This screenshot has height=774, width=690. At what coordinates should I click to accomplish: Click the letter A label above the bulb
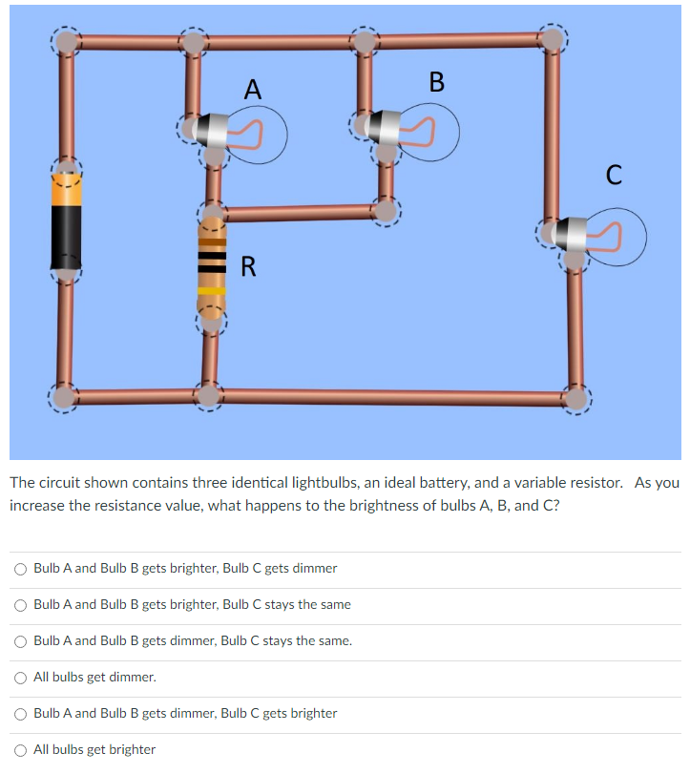tap(252, 90)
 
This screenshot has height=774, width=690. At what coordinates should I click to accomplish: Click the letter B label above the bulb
tap(437, 82)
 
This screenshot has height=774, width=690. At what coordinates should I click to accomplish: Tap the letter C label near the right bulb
tap(615, 175)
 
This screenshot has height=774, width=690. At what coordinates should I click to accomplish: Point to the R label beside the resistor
tap(248, 266)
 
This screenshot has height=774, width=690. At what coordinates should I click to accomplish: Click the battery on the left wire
tap(66, 224)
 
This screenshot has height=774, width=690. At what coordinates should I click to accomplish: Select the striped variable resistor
tap(212, 265)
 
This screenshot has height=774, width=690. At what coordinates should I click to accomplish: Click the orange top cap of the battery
tap(66, 189)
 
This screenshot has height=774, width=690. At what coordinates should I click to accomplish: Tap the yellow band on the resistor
tap(212, 290)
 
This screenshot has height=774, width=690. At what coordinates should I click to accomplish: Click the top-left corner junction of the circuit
tap(66, 41)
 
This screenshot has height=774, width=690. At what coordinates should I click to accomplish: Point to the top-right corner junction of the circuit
tap(552, 38)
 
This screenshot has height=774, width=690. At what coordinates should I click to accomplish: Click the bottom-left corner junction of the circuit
tap(65, 395)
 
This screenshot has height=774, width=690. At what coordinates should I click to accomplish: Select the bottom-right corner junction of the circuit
tap(576, 395)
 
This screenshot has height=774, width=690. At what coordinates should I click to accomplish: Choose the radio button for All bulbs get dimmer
tap(21, 678)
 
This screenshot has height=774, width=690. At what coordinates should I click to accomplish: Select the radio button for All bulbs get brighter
tap(21, 750)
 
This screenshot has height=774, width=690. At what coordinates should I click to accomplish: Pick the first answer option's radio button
tap(21, 569)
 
